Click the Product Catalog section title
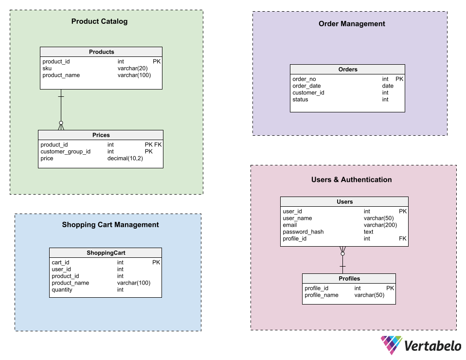99,21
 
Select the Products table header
101,52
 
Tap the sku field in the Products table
47,69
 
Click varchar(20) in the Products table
132,69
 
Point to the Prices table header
101,135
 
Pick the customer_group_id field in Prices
65,152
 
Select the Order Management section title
352,24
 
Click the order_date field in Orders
306,86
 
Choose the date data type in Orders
388,86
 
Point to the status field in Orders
300,100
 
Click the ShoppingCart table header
106,252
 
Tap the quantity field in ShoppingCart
62,290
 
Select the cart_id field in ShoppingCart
60,263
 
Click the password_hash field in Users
303,232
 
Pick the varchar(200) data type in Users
380,225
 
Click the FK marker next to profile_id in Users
402,239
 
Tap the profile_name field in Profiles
321,295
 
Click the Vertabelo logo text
433,346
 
